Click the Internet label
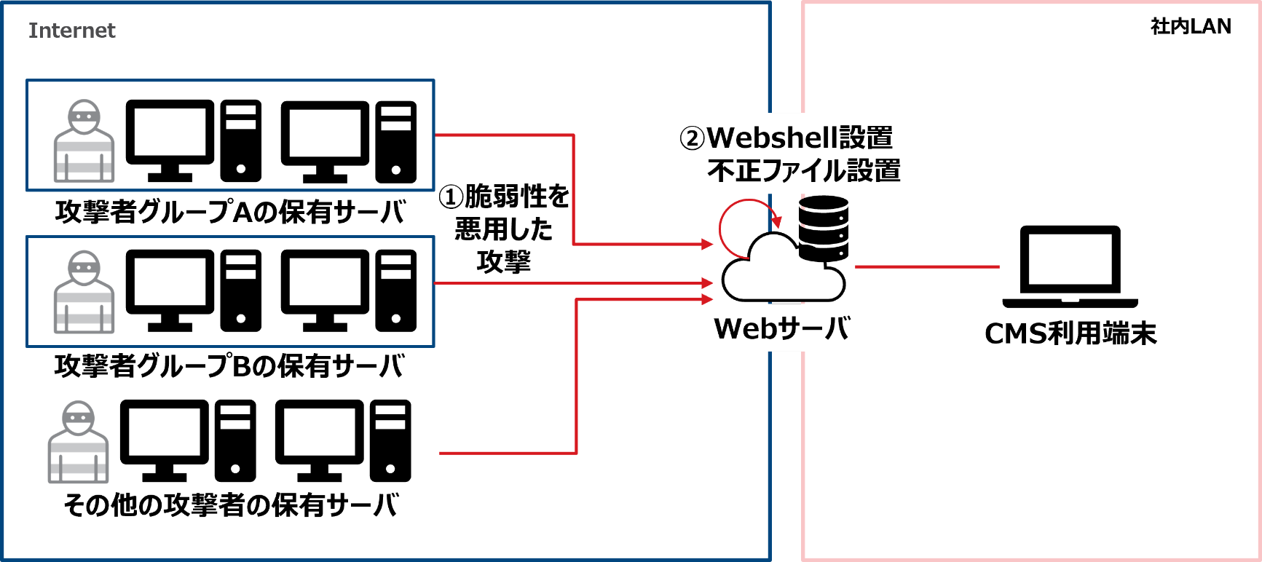pos(71,31)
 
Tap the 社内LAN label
pos(1190,26)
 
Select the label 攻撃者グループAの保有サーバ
pos(229,212)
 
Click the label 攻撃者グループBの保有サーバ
pos(229,365)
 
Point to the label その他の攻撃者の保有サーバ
pos(231,504)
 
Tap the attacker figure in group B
pos(84,292)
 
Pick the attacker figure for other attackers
pos(79,442)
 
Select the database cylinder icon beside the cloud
pos(824,227)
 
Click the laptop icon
pos(1070,267)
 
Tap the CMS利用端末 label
pos(1070,333)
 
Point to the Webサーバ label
pos(781,328)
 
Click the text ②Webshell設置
pos(786,137)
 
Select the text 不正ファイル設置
pos(803,170)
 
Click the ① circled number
pos(451,197)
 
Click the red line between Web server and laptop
pos(926,267)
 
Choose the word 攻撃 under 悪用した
pos(503,261)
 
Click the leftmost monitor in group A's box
pos(170,139)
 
